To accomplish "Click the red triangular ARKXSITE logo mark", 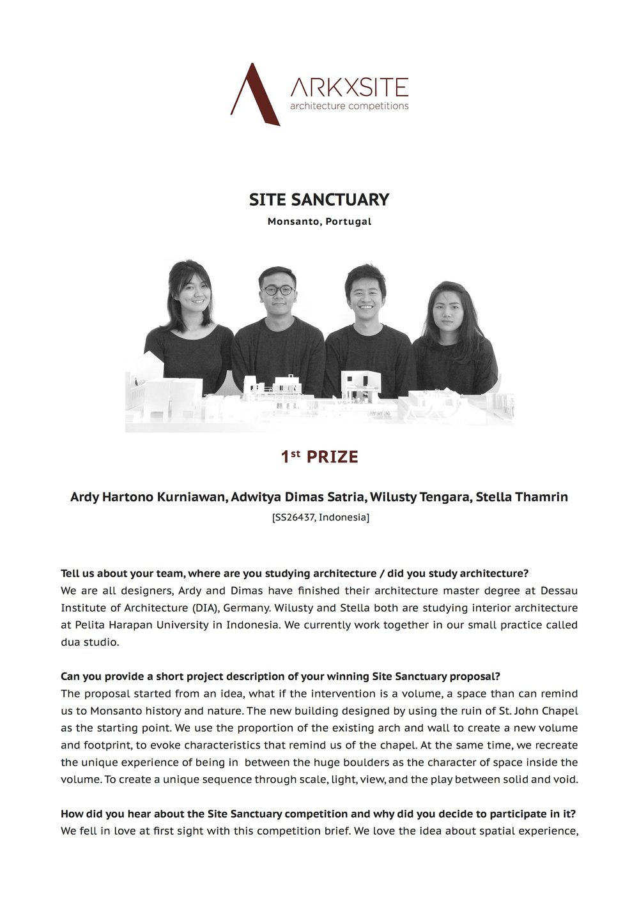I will point(254,96).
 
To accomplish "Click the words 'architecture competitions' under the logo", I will point(349,106).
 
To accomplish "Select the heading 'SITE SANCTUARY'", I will point(319,200).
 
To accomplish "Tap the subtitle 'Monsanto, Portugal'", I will point(319,222).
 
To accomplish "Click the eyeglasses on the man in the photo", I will point(279,291).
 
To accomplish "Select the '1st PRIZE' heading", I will point(319,457).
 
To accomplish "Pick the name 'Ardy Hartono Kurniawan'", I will point(147,497).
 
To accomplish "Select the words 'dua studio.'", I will point(90,642).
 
